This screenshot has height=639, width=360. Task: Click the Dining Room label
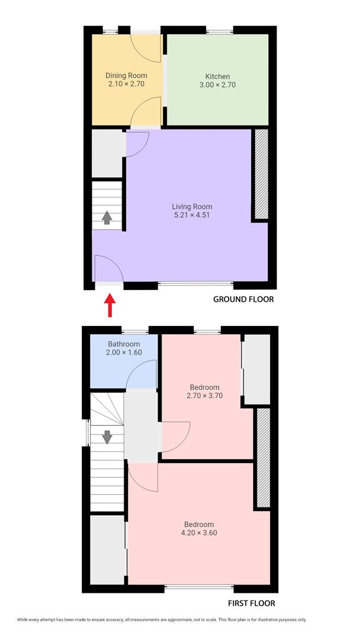click(x=126, y=76)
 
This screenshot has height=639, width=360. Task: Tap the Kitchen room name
click(x=217, y=76)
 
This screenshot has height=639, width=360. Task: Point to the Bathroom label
click(x=124, y=344)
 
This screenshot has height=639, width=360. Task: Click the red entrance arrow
click(x=110, y=306)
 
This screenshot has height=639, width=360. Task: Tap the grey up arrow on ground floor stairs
click(x=107, y=218)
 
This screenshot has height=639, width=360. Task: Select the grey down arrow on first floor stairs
click(x=107, y=437)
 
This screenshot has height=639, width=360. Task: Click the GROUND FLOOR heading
click(x=243, y=299)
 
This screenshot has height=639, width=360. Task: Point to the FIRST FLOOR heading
click(x=252, y=603)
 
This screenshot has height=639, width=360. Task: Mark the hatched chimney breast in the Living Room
click(x=261, y=174)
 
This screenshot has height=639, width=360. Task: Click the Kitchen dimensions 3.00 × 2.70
click(x=217, y=85)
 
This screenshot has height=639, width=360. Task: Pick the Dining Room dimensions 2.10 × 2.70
click(x=126, y=85)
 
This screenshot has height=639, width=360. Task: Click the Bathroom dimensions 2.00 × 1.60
click(x=124, y=353)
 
